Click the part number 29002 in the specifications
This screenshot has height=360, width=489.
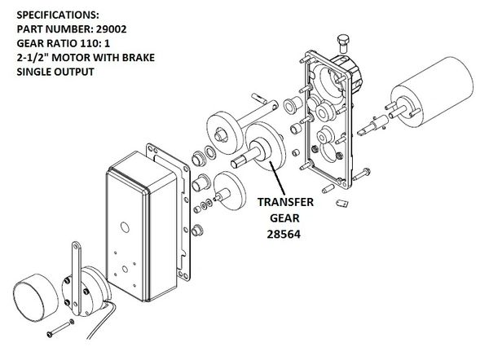tap(112, 29)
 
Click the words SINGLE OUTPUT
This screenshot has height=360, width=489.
tap(55, 72)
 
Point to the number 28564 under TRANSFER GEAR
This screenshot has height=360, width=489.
tap(284, 234)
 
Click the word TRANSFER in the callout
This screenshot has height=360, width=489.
tap(285, 202)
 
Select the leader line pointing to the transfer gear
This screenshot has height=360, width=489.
tap(277, 178)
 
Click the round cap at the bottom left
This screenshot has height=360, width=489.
tap(36, 297)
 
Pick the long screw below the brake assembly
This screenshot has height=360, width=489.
tap(60, 328)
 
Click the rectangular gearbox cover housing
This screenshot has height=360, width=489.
tap(141, 226)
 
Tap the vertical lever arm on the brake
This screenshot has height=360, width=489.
tap(76, 278)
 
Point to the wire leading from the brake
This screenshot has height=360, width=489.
tap(100, 321)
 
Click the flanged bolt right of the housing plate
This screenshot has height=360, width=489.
tap(362, 174)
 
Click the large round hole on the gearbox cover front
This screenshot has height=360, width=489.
tap(125, 227)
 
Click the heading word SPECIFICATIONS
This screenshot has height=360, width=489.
tap(58, 15)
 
